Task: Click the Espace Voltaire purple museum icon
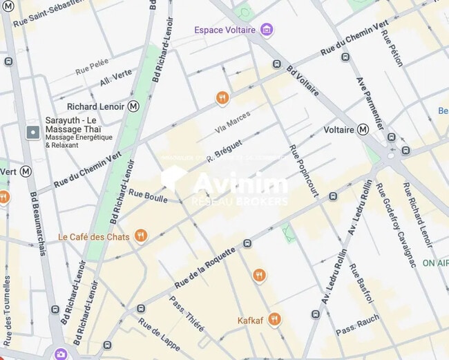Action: (x=267, y=30)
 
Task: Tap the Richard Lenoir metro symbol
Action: (x=133, y=106)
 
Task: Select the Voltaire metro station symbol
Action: (x=363, y=129)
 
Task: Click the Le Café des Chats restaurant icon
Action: (x=141, y=236)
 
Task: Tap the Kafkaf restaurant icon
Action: (x=274, y=319)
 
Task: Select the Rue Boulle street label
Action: (x=148, y=197)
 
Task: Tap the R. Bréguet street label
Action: (x=224, y=150)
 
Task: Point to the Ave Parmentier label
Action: (x=369, y=103)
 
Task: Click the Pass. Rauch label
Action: (x=358, y=325)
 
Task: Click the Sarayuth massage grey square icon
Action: (x=32, y=131)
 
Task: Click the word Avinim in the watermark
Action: (x=240, y=184)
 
